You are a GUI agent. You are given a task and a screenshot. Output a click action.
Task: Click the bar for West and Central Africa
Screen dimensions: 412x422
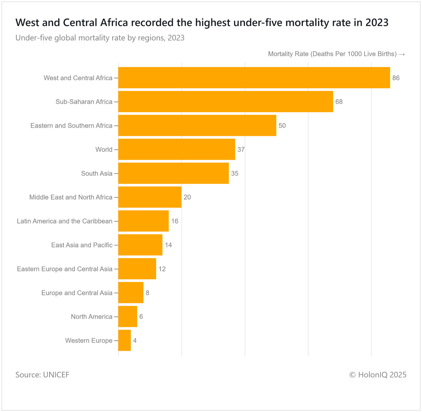pyautogui.click(x=254, y=78)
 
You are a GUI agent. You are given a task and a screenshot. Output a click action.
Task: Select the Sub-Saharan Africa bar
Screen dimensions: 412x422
pyautogui.click(x=226, y=102)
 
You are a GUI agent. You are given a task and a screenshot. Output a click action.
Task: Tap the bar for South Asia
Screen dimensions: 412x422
pyautogui.click(x=173, y=173)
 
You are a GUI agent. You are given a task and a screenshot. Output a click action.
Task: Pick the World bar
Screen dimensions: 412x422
pyautogui.click(x=176, y=149)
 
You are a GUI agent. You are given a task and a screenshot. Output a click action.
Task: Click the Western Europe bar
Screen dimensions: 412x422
pyautogui.click(x=124, y=340)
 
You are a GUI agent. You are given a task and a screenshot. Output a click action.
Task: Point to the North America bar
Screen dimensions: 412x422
pyautogui.click(x=128, y=317)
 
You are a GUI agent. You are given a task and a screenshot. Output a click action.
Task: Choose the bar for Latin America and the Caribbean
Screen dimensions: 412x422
pyautogui.click(x=143, y=221)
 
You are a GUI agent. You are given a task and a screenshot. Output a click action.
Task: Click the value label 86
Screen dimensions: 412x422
pyautogui.click(x=396, y=78)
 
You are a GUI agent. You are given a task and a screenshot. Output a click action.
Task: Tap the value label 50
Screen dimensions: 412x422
pyautogui.click(x=282, y=126)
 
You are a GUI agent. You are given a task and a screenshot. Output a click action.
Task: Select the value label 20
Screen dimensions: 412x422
pyautogui.click(x=187, y=197)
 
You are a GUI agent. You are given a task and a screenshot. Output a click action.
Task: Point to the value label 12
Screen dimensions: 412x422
pyautogui.click(x=162, y=269)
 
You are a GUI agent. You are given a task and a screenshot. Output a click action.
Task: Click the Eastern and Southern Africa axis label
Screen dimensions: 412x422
pyautogui.click(x=71, y=126)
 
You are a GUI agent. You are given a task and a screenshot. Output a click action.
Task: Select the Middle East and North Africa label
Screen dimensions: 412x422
pyautogui.click(x=71, y=197)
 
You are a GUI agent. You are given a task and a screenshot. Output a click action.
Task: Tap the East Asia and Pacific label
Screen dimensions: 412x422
pyautogui.click(x=82, y=245)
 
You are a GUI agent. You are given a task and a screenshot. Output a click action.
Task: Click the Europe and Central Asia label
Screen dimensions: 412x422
pyautogui.click(x=77, y=293)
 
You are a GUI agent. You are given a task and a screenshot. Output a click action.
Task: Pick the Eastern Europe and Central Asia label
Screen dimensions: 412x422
pyautogui.click(x=65, y=269)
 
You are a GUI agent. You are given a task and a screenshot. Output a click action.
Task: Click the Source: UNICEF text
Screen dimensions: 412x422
pyautogui.click(x=42, y=375)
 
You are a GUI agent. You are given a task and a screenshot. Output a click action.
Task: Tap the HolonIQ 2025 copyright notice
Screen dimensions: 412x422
pyautogui.click(x=378, y=375)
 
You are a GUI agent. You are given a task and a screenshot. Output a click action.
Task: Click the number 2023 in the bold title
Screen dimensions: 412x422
pyautogui.click(x=377, y=23)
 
